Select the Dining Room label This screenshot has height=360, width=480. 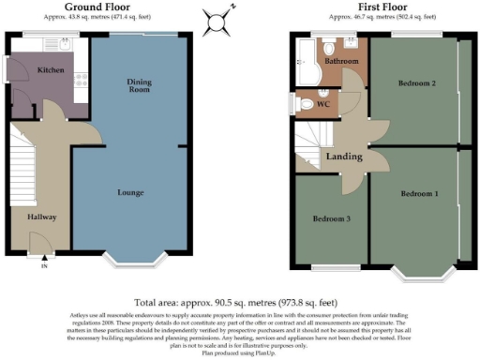coord(139,86)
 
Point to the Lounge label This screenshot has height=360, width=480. coord(130,193)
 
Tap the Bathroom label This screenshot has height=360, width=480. coord(341,61)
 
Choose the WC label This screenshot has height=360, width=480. coord(322,103)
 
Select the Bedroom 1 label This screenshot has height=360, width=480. coord(419,194)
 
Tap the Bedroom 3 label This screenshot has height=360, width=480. coord(331,219)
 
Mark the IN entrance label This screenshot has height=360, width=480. coord(42,266)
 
